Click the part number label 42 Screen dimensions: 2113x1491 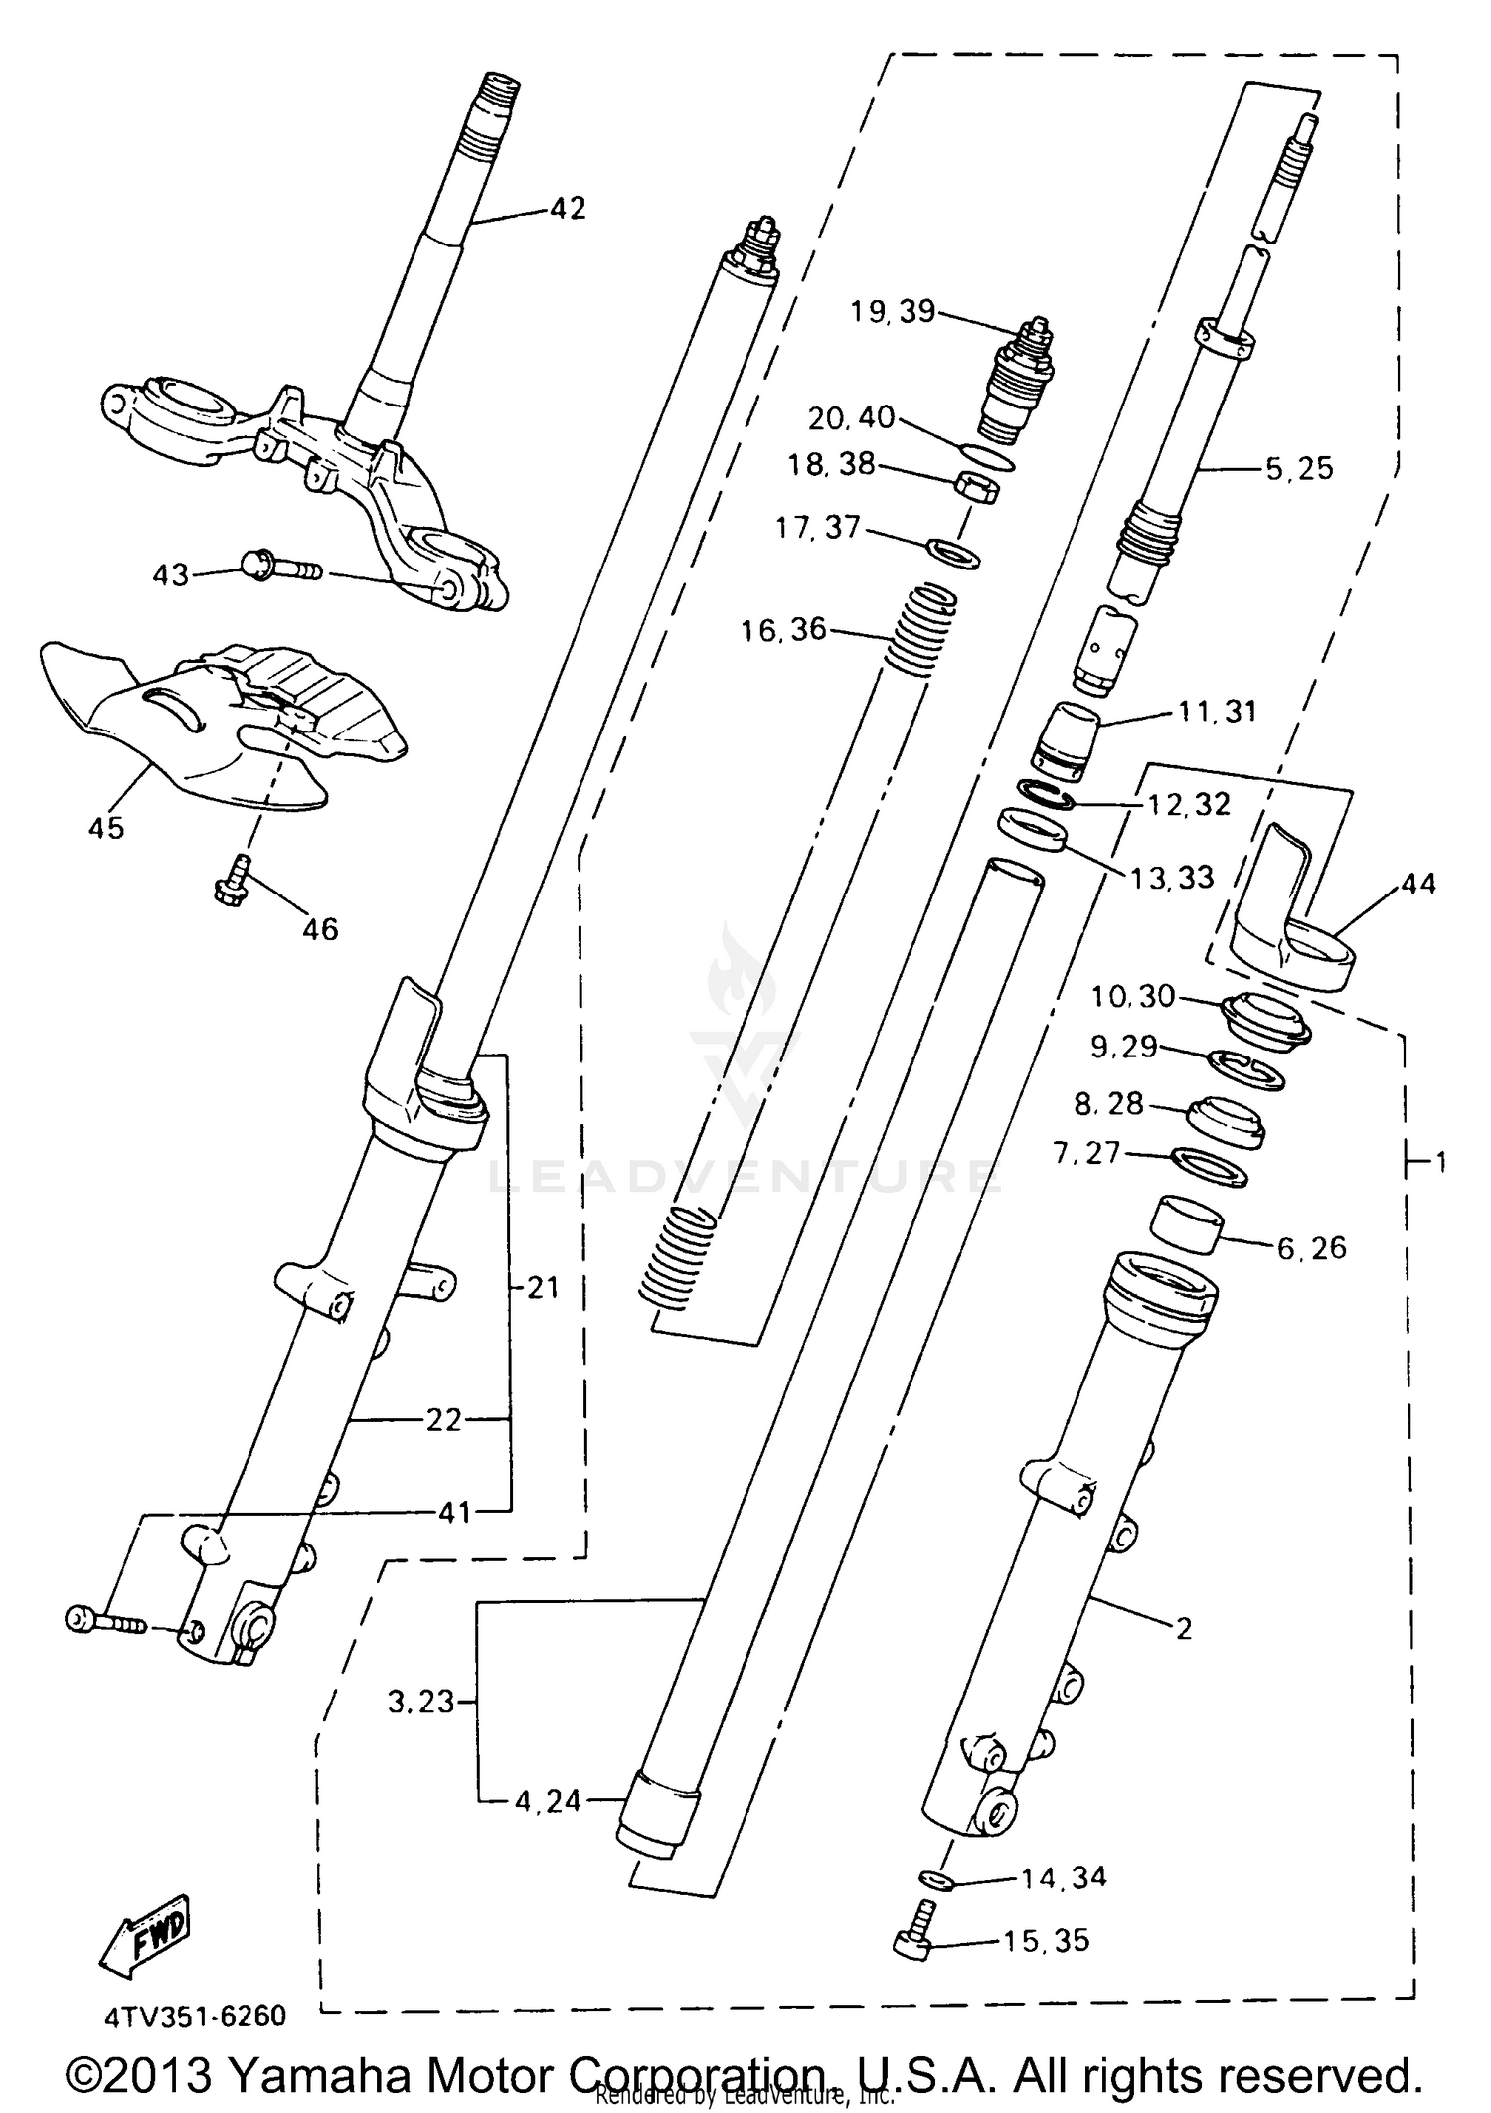click(568, 209)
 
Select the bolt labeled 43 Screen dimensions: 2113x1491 click(281, 569)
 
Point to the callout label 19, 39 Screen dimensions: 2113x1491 click(893, 312)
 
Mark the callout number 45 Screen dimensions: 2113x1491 click(106, 827)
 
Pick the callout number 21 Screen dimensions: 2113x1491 click(543, 1288)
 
